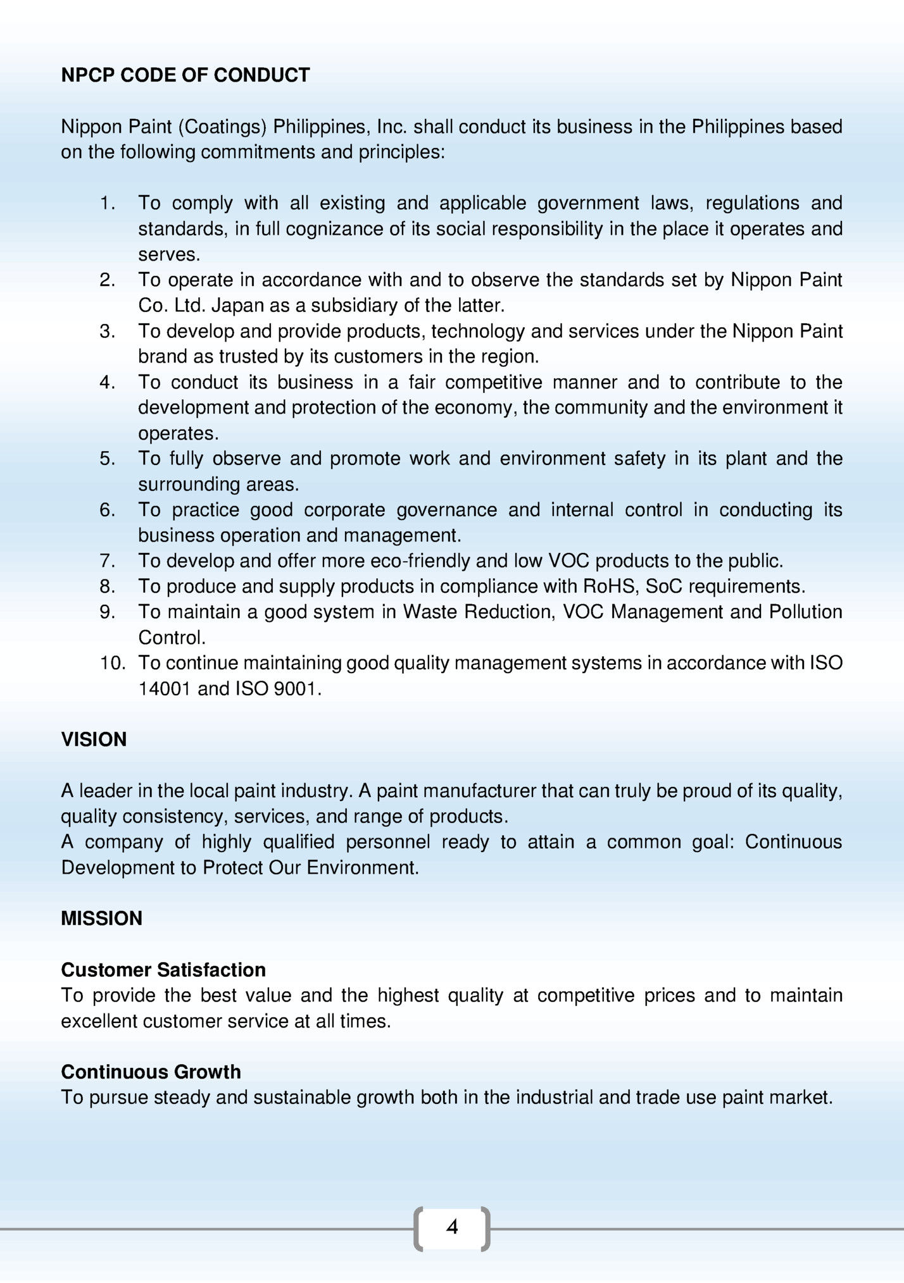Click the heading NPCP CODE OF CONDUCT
tap(185, 75)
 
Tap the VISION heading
tap(94, 740)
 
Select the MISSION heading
tap(101, 919)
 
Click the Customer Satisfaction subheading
tap(163, 970)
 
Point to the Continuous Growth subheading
tap(151, 1072)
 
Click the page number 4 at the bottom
tap(452, 1227)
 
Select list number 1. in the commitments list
tap(108, 203)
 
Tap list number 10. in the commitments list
tap(113, 663)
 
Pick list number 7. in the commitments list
tap(108, 561)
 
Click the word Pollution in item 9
tap(805, 612)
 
